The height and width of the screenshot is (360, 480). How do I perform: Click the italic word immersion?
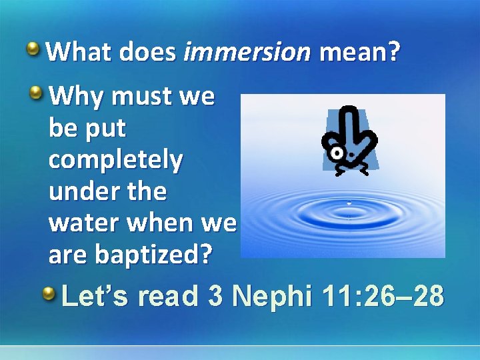(x=247, y=51)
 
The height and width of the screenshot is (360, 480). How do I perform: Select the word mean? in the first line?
(x=360, y=51)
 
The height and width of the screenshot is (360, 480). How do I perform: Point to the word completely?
(x=115, y=161)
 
